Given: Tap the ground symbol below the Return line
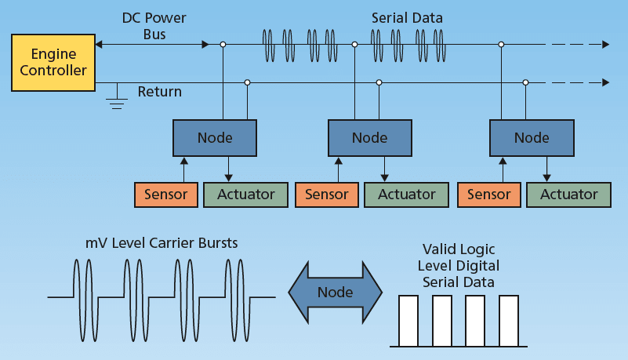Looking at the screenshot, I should coord(118,97).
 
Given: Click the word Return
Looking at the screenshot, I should coord(160,92).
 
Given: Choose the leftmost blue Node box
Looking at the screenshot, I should coord(215,138).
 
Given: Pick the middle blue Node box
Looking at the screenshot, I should coord(369,138).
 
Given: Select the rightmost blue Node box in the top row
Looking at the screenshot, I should coord(531,138).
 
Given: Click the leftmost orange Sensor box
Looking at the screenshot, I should coord(166,195).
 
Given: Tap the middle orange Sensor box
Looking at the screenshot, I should coord(326,195).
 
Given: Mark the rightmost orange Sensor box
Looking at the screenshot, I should coord(488,195).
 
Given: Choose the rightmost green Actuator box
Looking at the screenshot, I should coord(568,195).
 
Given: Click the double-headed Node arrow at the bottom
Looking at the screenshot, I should coord(335,293).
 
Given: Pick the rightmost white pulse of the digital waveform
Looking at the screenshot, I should coord(509,321).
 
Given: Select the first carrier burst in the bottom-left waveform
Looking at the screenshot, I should coord(84,297).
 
